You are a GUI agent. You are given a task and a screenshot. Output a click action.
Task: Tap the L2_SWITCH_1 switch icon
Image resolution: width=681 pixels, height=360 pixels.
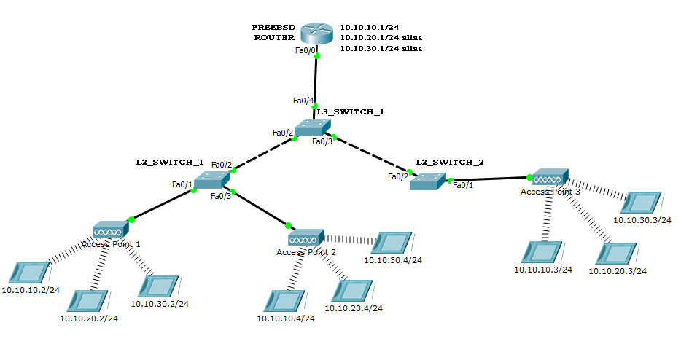[x=212, y=181]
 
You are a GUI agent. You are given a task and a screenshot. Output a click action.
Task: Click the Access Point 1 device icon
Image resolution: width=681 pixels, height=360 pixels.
[x=111, y=231]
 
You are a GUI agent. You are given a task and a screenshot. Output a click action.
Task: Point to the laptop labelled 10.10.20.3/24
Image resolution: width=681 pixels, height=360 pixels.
[x=612, y=253]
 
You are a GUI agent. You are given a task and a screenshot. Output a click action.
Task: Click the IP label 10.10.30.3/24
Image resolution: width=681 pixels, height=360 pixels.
[x=642, y=219]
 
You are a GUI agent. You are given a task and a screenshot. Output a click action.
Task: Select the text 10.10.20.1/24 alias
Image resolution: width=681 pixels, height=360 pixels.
[x=381, y=36]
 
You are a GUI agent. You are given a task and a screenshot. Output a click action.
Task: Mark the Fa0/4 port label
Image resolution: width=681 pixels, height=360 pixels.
[x=303, y=100]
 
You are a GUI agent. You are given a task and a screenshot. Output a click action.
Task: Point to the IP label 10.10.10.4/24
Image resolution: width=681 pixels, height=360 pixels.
[x=285, y=318]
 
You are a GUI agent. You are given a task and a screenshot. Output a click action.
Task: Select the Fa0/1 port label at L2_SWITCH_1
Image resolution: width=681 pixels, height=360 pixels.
[x=182, y=184]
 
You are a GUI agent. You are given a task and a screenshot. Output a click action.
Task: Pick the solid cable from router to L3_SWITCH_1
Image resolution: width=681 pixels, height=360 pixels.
[x=316, y=80]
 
